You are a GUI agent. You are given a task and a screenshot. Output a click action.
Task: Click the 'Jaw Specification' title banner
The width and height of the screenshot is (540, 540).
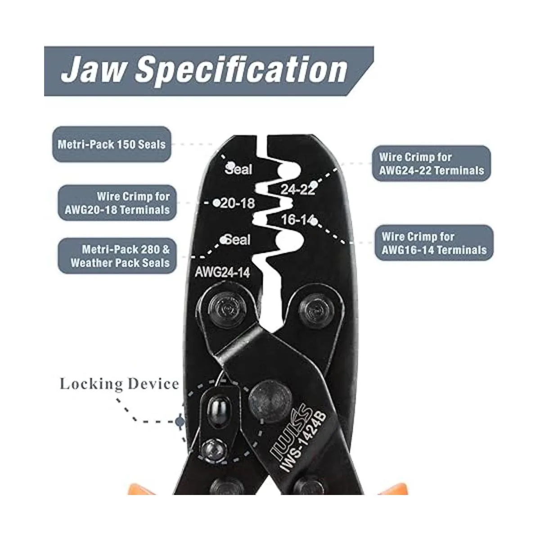tap(205, 71)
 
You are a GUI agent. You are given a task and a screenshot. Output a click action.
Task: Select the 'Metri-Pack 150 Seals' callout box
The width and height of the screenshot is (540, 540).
tap(112, 144)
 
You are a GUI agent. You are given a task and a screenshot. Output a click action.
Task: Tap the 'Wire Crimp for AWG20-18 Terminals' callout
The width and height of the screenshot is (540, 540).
tap(114, 203)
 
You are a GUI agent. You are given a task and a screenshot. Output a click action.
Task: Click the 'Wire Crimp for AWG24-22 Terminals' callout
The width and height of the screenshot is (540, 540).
tap(431, 164)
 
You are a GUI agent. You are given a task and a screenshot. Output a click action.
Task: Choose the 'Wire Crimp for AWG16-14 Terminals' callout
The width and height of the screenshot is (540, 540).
tap(434, 243)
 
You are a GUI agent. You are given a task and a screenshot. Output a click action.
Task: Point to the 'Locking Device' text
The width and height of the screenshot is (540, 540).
tap(119, 384)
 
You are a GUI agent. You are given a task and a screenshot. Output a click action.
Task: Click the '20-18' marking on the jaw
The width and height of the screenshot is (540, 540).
tap(238, 203)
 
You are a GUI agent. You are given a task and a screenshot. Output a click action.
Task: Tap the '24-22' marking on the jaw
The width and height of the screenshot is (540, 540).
tap(297, 189)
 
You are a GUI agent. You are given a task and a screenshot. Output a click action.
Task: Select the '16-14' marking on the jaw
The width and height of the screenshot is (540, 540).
tap(296, 220)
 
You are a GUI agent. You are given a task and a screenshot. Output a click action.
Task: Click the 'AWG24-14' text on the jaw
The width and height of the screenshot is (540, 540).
tap(222, 272)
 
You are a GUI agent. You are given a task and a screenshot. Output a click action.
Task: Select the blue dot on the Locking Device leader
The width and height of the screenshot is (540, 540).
tap(180, 422)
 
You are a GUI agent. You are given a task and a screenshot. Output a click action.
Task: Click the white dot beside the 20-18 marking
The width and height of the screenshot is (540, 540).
tap(216, 203)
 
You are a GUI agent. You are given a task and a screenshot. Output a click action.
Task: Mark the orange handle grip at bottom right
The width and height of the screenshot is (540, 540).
tap(387, 486)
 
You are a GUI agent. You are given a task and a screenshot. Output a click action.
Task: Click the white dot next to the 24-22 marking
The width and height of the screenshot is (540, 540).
tap(315, 184)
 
